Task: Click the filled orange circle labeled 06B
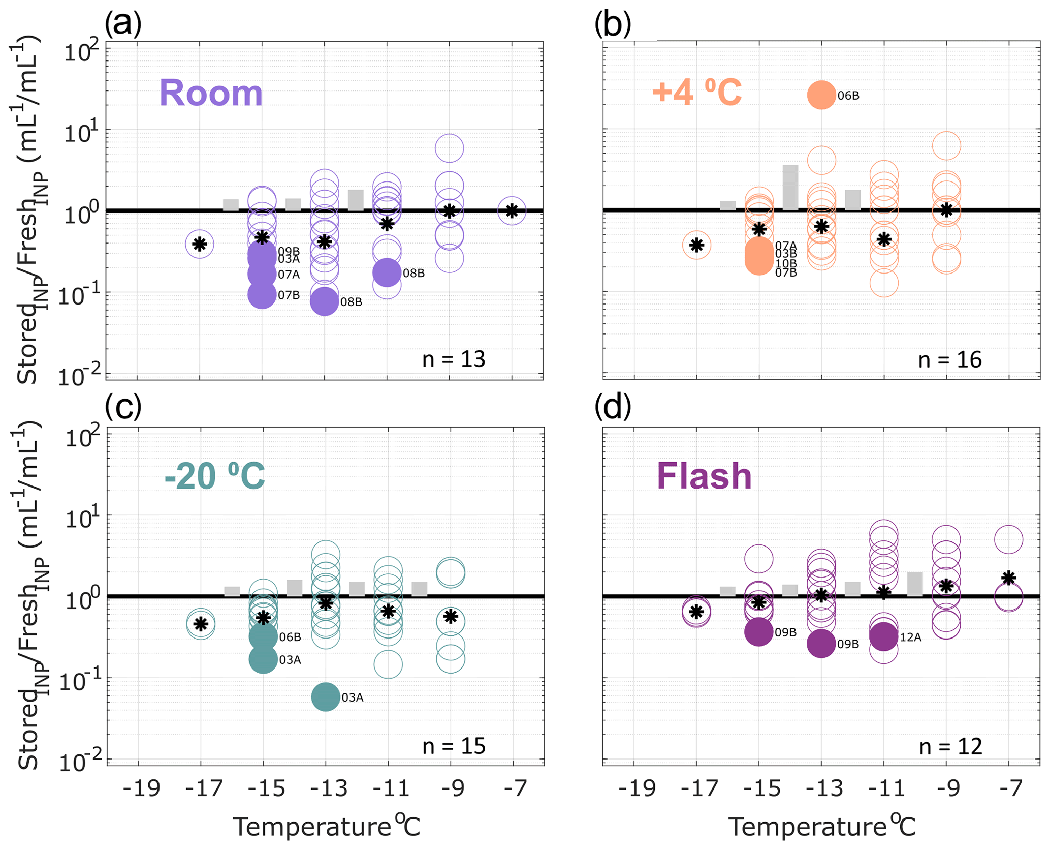[821, 95]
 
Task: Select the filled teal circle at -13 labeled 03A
[325, 696]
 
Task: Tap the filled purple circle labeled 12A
[884, 636]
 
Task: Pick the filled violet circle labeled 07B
[262, 295]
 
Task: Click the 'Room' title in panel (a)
[211, 94]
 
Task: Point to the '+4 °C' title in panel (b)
[696, 93]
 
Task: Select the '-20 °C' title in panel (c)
[214, 476]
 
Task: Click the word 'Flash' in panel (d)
[704, 476]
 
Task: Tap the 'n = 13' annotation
[454, 359]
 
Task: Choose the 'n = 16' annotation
[950, 360]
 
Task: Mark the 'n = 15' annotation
[454, 746]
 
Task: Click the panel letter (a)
[123, 23]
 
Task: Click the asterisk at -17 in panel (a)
[200, 244]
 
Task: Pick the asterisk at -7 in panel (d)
[1008, 578]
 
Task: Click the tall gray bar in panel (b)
[790, 187]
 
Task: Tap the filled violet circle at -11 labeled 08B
[387, 272]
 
